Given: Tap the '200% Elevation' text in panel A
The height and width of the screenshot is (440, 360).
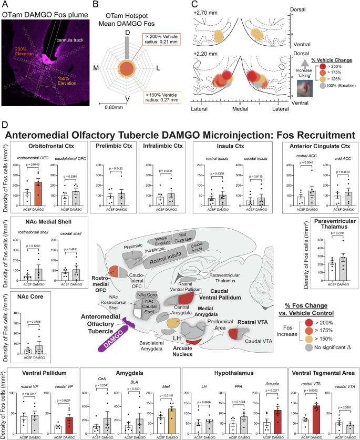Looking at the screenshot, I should click(24, 52).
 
